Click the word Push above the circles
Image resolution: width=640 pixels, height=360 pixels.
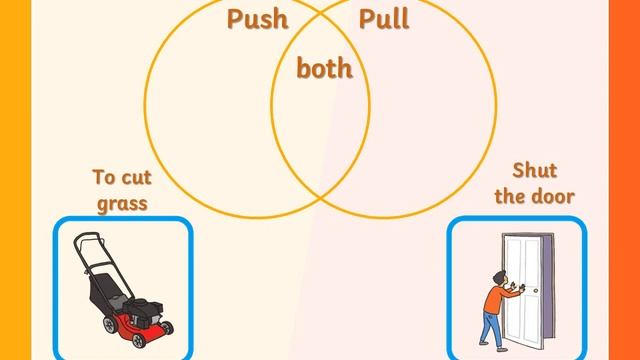coord(258,19)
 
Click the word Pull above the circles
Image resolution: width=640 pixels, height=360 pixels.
coord(384,19)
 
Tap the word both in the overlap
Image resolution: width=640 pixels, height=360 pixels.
coord(324,69)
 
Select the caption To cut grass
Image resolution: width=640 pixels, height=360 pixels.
coord(120,190)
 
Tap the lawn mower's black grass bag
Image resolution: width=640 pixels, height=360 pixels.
coord(105,290)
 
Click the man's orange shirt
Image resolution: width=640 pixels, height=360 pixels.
coord(497,298)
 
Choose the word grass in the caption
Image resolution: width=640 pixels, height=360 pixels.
coord(121,204)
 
